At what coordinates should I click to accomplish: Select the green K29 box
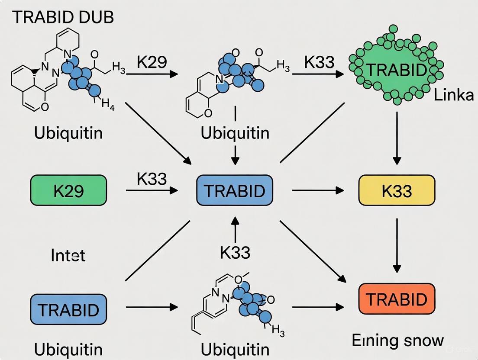tap(68, 190)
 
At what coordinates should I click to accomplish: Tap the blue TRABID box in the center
tap(235, 190)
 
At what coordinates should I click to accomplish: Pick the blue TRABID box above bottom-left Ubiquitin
tap(68, 309)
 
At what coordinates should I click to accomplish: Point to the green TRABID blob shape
tap(396, 70)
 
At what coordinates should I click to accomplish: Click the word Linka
tap(453, 95)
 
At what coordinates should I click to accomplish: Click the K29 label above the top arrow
tap(152, 62)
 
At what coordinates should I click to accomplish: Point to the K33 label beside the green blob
tap(319, 62)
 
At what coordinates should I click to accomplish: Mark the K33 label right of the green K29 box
tap(152, 178)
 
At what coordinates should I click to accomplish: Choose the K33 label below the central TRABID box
tap(235, 252)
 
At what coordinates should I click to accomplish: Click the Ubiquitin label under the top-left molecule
tap(68, 132)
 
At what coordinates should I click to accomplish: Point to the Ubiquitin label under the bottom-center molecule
tap(235, 349)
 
